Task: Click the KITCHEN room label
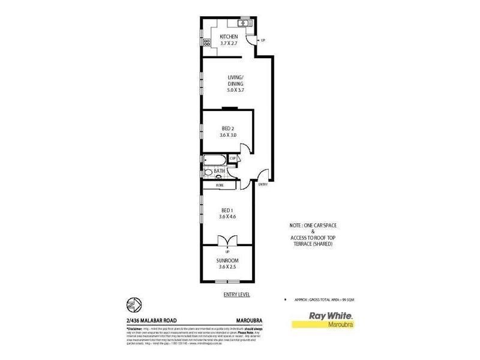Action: tap(229, 37)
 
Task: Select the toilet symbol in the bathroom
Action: tap(209, 172)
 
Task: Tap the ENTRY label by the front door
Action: tap(263, 185)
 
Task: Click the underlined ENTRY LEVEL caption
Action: tap(236, 294)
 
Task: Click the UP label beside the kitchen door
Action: tap(263, 40)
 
